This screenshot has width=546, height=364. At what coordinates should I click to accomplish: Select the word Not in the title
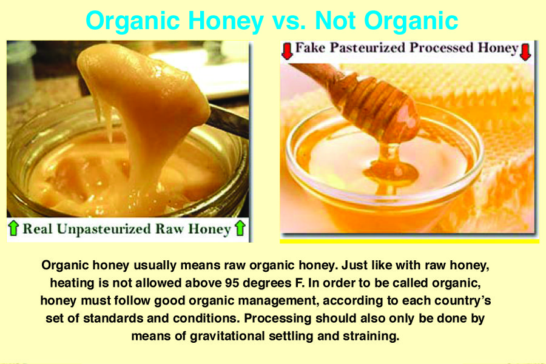click(335, 21)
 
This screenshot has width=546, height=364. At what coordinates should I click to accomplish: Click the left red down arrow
click(288, 51)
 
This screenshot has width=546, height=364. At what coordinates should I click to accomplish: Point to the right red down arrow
click(525, 52)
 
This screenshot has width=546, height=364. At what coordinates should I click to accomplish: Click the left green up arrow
click(13, 228)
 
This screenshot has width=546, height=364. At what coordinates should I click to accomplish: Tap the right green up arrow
click(240, 228)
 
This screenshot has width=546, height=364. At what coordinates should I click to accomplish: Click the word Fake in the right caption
click(310, 48)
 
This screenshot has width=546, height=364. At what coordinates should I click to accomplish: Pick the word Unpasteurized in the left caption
click(103, 229)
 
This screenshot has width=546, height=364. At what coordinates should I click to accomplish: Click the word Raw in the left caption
click(170, 229)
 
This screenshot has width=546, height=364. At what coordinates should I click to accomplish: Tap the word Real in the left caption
click(38, 229)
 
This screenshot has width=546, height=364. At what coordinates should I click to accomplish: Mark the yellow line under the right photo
click(409, 241)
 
